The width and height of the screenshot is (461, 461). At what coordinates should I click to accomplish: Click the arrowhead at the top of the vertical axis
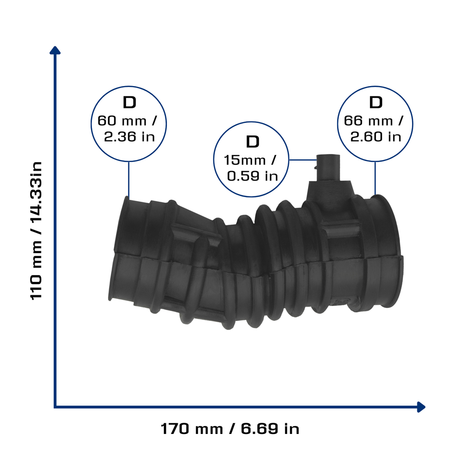pos(55,50)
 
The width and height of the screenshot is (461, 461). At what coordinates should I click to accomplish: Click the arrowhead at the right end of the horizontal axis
pos(421,407)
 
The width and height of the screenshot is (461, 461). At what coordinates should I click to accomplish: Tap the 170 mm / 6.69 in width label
pos(230,429)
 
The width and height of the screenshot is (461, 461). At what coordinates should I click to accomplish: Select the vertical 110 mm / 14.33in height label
pos(36,230)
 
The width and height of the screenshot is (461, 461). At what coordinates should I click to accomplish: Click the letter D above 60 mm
pos(129,103)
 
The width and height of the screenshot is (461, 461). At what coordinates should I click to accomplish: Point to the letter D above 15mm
pos(253,142)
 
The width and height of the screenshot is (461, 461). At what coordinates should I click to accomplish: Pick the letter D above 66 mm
pos(376,103)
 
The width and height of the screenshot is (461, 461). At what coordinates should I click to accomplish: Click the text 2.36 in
pos(129,137)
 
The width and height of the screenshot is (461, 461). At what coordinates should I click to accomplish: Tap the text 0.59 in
pos(253,176)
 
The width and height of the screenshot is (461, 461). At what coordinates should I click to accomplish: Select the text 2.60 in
pos(376,137)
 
